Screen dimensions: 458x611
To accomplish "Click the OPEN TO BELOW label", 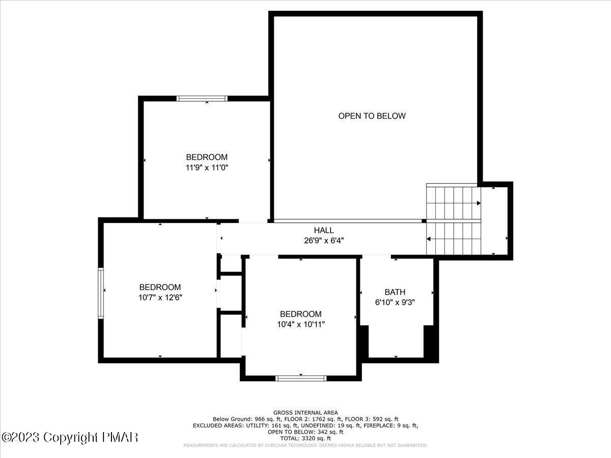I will [x=372, y=116].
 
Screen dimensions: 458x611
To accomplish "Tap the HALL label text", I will [x=324, y=231].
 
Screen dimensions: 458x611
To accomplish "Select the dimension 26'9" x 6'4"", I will [x=324, y=241].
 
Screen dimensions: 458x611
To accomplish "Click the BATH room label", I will [x=395, y=292].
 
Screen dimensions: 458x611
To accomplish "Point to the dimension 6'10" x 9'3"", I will [x=395, y=302].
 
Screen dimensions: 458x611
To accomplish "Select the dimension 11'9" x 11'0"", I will [x=206, y=167].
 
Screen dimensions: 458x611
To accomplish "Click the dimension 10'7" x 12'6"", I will [x=160, y=298].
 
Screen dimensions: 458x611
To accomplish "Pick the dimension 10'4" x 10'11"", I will [x=300, y=324].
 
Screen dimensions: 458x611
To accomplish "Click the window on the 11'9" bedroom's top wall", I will [x=202, y=99].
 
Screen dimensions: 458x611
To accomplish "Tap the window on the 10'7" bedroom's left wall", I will [x=101, y=293].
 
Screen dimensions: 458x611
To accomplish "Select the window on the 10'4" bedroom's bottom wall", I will [x=300, y=378].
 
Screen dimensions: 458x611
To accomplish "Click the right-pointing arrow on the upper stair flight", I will [x=479, y=204].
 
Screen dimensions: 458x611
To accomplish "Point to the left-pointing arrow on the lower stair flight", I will [x=429, y=239].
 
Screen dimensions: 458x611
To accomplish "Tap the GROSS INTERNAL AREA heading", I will [x=305, y=412].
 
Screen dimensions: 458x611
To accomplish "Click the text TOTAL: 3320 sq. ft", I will [x=305, y=438].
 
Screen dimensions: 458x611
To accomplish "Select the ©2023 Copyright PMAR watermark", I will [x=70, y=437].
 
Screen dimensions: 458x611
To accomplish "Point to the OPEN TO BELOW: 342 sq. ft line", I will [x=305, y=432].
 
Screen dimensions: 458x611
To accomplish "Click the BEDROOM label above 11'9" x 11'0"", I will [x=206, y=157].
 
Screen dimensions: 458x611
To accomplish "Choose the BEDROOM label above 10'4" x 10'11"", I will [x=300, y=314].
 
